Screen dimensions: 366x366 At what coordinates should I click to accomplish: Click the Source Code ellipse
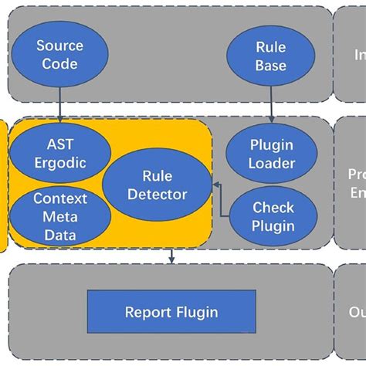coord(59,54)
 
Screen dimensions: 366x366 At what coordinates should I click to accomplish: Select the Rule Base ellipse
coord(270,57)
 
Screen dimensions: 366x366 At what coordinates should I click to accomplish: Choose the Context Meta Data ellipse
coord(59,215)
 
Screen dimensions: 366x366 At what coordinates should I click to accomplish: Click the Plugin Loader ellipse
coord(272,153)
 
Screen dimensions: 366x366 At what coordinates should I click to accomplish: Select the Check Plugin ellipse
coord(273,216)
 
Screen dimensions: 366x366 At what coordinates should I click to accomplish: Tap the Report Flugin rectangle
coord(171,312)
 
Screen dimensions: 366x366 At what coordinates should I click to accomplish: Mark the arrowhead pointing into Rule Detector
coord(215,185)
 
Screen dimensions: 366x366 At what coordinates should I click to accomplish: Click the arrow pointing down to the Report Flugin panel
coord(171,256)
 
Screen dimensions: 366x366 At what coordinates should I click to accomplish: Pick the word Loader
coord(272,163)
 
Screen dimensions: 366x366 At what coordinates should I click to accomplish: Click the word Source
coord(59,46)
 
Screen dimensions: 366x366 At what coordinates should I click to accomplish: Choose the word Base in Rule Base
coord(270,66)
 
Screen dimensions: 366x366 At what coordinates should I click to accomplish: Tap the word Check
coord(273,208)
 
